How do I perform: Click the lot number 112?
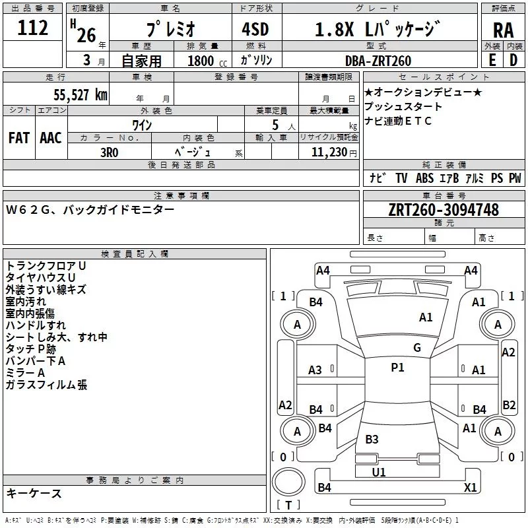pos(33,28)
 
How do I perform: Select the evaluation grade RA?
pos(503,30)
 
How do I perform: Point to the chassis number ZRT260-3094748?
pos(444,210)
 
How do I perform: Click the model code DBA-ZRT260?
pos(378,61)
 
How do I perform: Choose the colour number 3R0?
pos(110,150)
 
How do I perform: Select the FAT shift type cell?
pos(19,138)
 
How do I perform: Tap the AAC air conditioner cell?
pos(51,138)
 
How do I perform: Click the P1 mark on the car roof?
pos(397,368)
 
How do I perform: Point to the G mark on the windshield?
pos(416,348)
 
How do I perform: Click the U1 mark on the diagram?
pos(379,473)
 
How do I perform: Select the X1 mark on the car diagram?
pos(470,487)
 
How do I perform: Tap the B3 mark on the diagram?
pos(372,440)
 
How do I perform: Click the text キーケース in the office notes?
pos(34,493)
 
